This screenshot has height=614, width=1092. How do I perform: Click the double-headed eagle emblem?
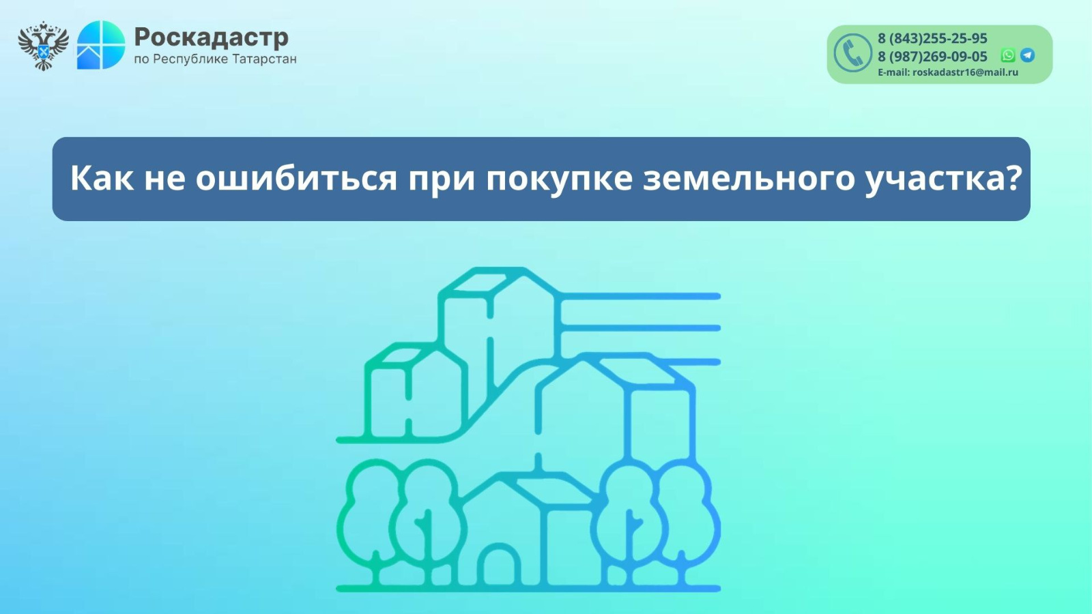pos(44,46)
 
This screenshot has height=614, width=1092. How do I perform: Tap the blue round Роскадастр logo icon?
pos(101,45)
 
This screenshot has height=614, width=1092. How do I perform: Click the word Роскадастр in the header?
pos(211,37)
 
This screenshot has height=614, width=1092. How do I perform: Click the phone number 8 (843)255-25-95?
pos(932,38)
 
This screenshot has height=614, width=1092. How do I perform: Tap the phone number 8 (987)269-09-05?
pos(932,57)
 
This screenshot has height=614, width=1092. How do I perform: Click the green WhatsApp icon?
pos(1007,55)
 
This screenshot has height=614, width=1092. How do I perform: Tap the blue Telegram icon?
pos(1027,55)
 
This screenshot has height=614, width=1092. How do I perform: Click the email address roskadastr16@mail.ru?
pos(965,72)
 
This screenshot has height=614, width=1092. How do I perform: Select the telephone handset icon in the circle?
pos(852,53)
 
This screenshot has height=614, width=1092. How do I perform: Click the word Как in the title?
pos(102,178)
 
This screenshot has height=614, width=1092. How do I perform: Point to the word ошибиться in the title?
pos(296,178)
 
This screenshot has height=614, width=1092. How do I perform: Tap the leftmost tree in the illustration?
pos(375,521)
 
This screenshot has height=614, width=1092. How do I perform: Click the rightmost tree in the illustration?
pos(682,521)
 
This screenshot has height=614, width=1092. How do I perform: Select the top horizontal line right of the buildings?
pos(640,296)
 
